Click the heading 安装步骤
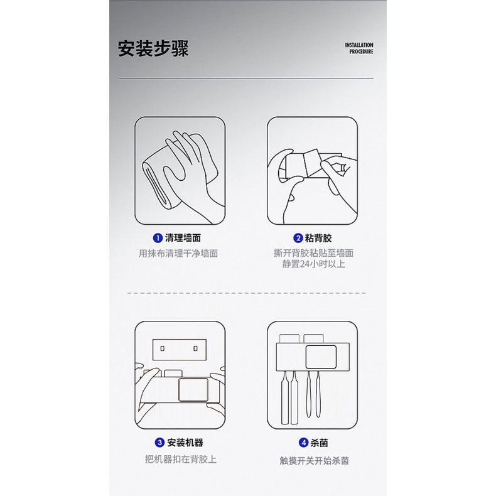pyautogui.click(x=153, y=48)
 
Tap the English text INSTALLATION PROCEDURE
pyautogui.click(x=359, y=48)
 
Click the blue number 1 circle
pyautogui.click(x=158, y=238)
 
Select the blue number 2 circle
pyautogui.click(x=298, y=238)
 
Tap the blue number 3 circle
pyautogui.click(x=159, y=442)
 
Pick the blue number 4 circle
pyautogui.click(x=303, y=442)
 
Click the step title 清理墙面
pyautogui.click(x=183, y=238)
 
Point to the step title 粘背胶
pyautogui.click(x=318, y=238)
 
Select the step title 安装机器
pyautogui.click(x=185, y=442)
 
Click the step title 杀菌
pyautogui.click(x=319, y=442)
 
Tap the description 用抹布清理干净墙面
pyautogui.click(x=178, y=254)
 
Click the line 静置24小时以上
pyautogui.click(x=313, y=264)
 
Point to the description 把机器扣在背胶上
pyautogui.click(x=181, y=459)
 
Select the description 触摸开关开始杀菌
pyautogui.click(x=314, y=461)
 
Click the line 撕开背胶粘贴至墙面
pyautogui.click(x=313, y=253)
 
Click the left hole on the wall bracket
pyautogui.click(x=162, y=348)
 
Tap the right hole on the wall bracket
pyautogui.click(x=195, y=348)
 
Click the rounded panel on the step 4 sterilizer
pyautogui.click(x=321, y=357)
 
